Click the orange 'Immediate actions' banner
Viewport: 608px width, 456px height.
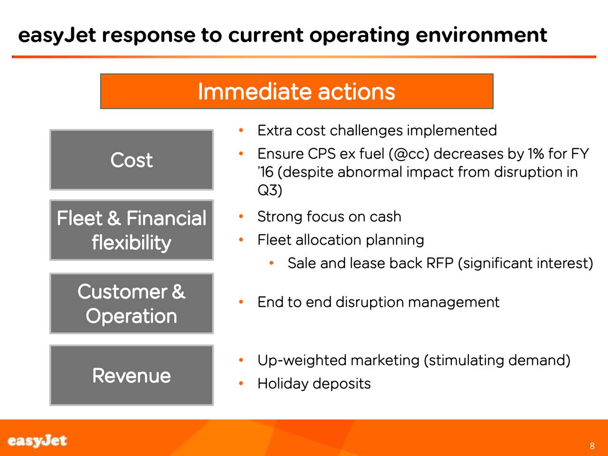pyautogui.click(x=296, y=91)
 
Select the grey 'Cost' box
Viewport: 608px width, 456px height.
pyautogui.click(x=132, y=160)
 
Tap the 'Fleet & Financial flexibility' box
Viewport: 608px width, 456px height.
pyautogui.click(x=132, y=230)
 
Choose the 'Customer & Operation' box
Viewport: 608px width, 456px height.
pyautogui.click(x=132, y=304)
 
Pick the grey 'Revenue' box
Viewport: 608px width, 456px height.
pyautogui.click(x=132, y=375)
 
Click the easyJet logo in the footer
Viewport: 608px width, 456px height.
pyautogui.click(x=38, y=441)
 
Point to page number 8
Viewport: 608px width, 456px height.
pyautogui.click(x=592, y=446)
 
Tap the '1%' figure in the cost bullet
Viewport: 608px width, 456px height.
pyautogui.click(x=535, y=154)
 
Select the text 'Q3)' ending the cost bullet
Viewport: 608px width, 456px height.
pyautogui.click(x=269, y=190)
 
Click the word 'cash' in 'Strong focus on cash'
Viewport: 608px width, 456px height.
pyautogui.click(x=385, y=217)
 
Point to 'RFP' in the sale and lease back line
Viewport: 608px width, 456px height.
pyautogui.click(x=439, y=263)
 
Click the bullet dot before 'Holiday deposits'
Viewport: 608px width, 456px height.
pyautogui.click(x=241, y=383)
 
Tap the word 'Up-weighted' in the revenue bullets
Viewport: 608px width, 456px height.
pyautogui.click(x=302, y=361)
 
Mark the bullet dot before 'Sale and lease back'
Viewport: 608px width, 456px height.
pyautogui.click(x=271, y=263)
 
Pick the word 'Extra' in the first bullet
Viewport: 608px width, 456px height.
pyautogui.click(x=274, y=130)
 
